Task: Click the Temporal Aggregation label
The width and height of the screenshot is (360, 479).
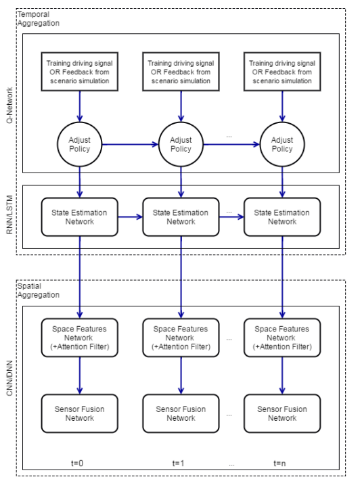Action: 38,19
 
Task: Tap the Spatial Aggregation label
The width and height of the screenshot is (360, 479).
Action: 38,290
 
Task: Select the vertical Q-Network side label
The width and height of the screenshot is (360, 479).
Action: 9,106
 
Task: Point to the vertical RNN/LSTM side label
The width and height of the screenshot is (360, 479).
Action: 9,214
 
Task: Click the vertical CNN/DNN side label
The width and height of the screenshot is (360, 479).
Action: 9,378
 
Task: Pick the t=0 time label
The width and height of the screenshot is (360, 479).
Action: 77,463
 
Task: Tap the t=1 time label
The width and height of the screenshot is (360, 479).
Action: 178,463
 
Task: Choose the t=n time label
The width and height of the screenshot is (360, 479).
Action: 279,463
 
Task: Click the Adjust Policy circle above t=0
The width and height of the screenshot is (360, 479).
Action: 79,144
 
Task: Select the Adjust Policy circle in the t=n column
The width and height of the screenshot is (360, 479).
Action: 282,144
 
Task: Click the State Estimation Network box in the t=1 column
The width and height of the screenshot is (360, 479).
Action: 181,217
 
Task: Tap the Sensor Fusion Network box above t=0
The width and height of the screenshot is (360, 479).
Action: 79,413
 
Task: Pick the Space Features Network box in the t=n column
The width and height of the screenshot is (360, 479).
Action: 282,338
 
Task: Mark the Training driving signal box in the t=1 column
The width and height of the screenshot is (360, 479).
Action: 181,72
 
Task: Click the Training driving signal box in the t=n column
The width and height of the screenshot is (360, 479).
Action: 282,72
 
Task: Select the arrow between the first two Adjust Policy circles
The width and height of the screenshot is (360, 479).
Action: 130,145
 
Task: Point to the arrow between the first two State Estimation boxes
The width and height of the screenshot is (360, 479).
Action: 130,217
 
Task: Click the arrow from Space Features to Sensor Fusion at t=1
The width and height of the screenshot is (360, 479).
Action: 181,375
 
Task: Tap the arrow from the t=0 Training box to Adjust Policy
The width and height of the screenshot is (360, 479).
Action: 79,106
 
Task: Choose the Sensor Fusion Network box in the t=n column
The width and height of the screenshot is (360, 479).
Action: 282,413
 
